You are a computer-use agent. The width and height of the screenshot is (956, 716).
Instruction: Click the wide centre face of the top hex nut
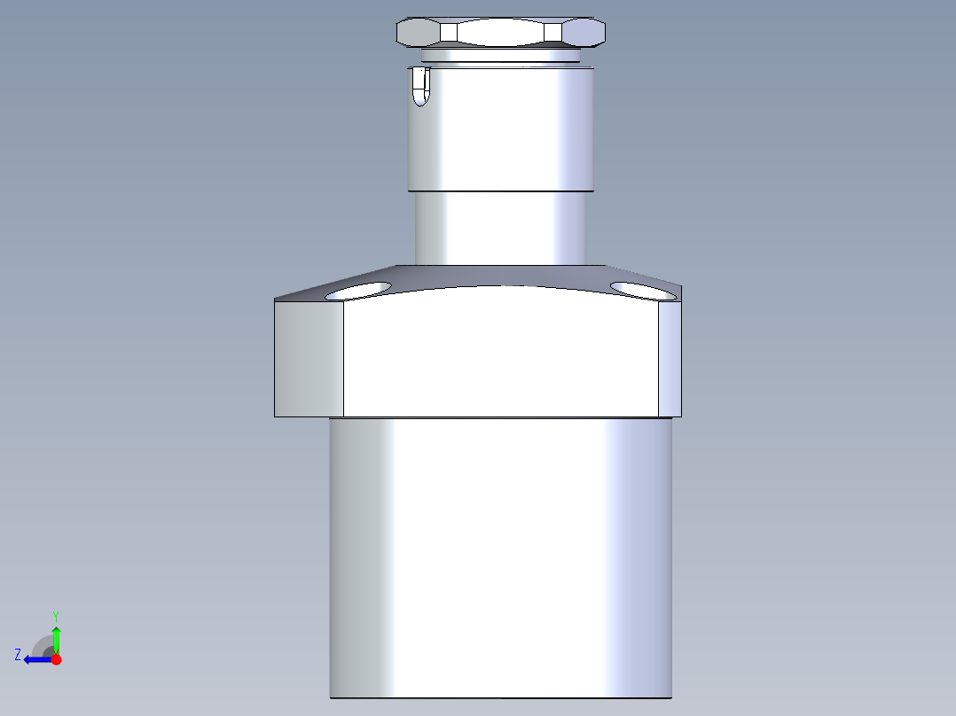501,33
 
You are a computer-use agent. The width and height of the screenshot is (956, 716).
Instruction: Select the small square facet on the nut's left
449,33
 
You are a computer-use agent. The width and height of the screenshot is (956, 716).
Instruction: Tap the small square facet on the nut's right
553,33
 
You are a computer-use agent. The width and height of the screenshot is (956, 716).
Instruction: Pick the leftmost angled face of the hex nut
418,33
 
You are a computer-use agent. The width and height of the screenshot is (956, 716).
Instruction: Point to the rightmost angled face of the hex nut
584,33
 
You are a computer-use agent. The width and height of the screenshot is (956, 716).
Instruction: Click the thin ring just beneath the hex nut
501,56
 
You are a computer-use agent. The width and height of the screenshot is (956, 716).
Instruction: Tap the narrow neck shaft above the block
501,228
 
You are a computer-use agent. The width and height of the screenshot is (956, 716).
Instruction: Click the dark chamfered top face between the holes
501,276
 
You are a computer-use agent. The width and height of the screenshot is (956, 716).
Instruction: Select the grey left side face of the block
309,359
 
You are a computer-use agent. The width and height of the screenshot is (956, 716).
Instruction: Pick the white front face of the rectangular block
501,359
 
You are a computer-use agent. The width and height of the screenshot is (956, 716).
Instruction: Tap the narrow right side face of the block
670,359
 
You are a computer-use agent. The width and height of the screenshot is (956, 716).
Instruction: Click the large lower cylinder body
501,558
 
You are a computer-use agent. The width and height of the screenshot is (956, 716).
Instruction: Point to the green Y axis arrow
56,636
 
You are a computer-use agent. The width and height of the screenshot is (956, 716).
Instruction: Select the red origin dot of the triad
56,659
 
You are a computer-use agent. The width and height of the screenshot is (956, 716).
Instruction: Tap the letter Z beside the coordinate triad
18,654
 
